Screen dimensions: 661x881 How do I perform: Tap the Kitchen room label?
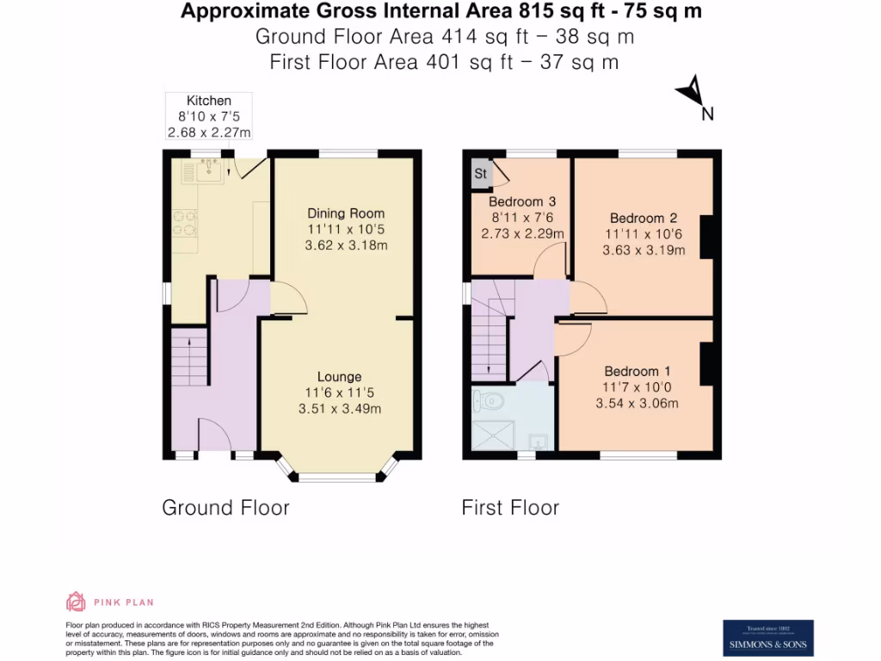point(209,101)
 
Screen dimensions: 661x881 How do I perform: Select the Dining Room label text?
point(346,213)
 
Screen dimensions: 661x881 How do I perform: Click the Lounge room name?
point(339,376)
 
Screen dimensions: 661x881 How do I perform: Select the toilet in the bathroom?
point(492,399)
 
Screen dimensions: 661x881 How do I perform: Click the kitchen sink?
point(209,171)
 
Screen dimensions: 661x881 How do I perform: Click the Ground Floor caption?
point(225,508)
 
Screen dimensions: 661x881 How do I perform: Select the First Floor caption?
point(510,508)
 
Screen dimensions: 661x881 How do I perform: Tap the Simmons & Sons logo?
point(767,638)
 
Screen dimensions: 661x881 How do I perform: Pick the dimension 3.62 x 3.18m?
point(346,245)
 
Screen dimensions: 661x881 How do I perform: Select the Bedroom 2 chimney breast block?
point(710,237)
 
